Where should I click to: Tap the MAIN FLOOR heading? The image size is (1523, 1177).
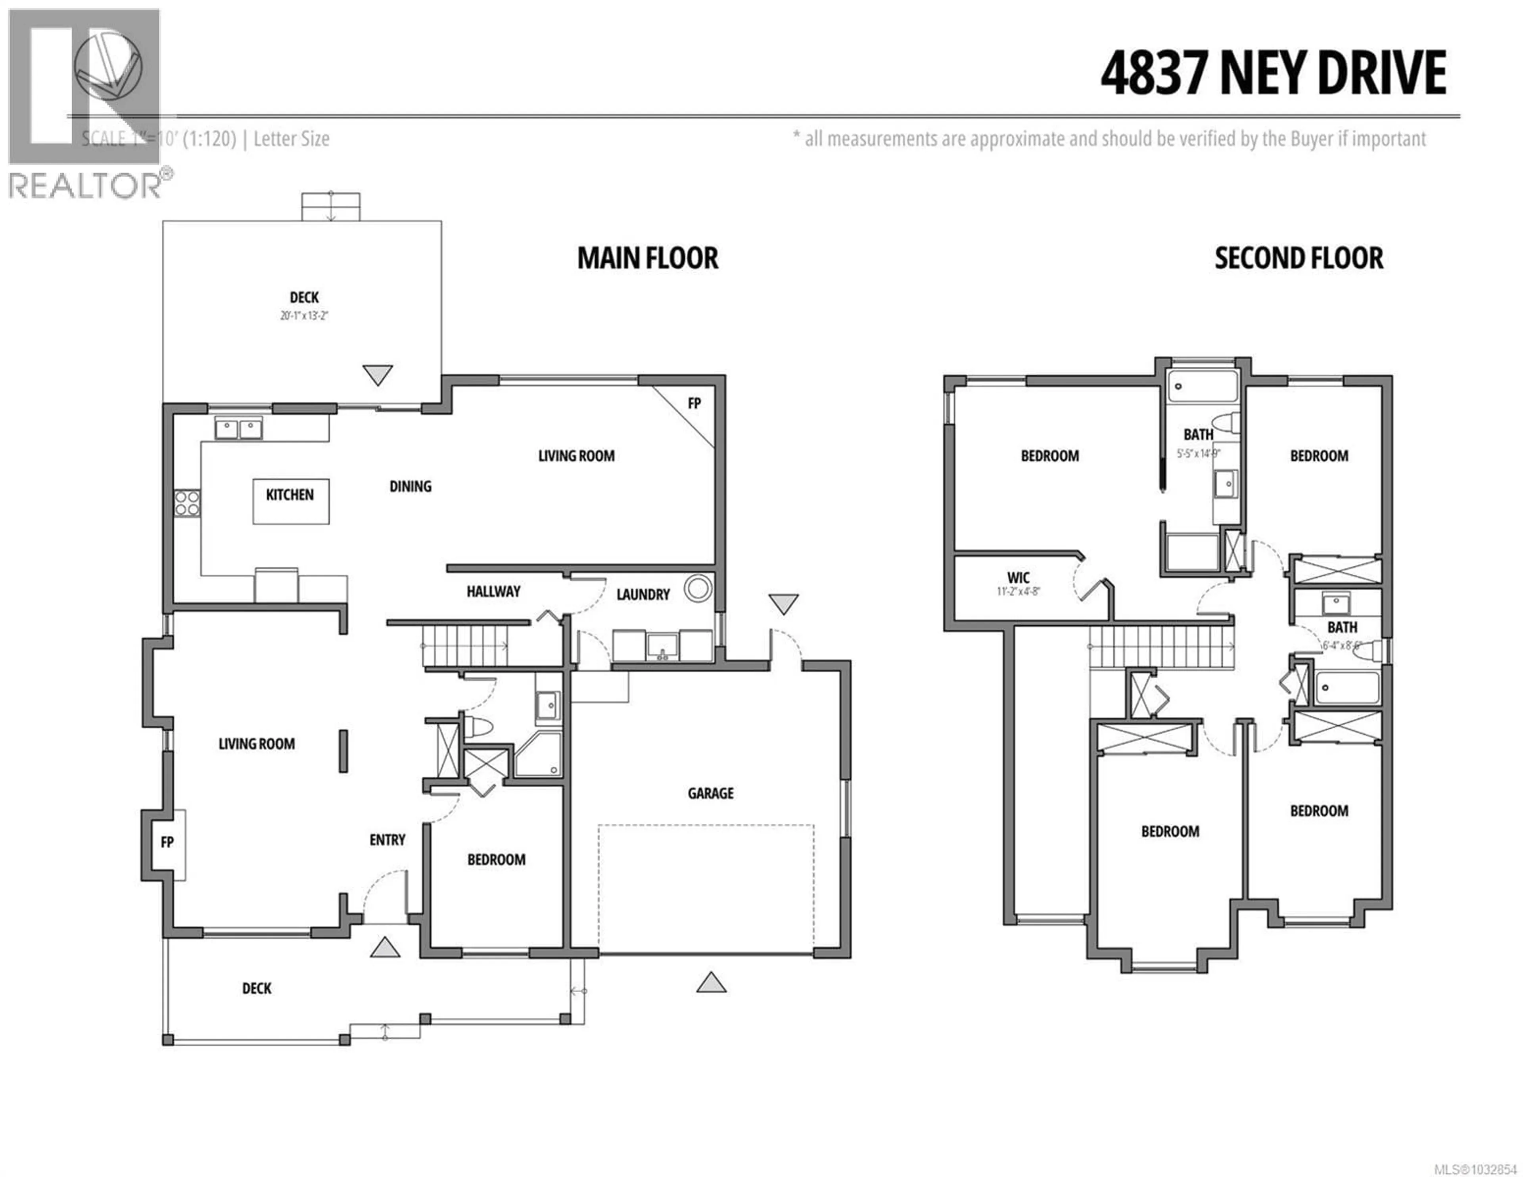[x=647, y=258]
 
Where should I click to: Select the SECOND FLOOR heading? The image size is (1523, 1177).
[x=1299, y=258]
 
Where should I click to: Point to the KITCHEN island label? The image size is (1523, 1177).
[x=290, y=495]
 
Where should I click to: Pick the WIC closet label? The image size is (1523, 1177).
[x=1018, y=578]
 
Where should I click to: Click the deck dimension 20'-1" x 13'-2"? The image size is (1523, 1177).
[x=304, y=316]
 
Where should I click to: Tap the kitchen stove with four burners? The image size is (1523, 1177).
[x=187, y=503]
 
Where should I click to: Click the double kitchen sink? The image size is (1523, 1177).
[x=238, y=429]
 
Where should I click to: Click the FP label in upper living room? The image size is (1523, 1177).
[x=694, y=404]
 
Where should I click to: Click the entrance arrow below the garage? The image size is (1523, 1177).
[x=711, y=983]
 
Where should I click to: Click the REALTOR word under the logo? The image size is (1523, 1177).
[x=85, y=186]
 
